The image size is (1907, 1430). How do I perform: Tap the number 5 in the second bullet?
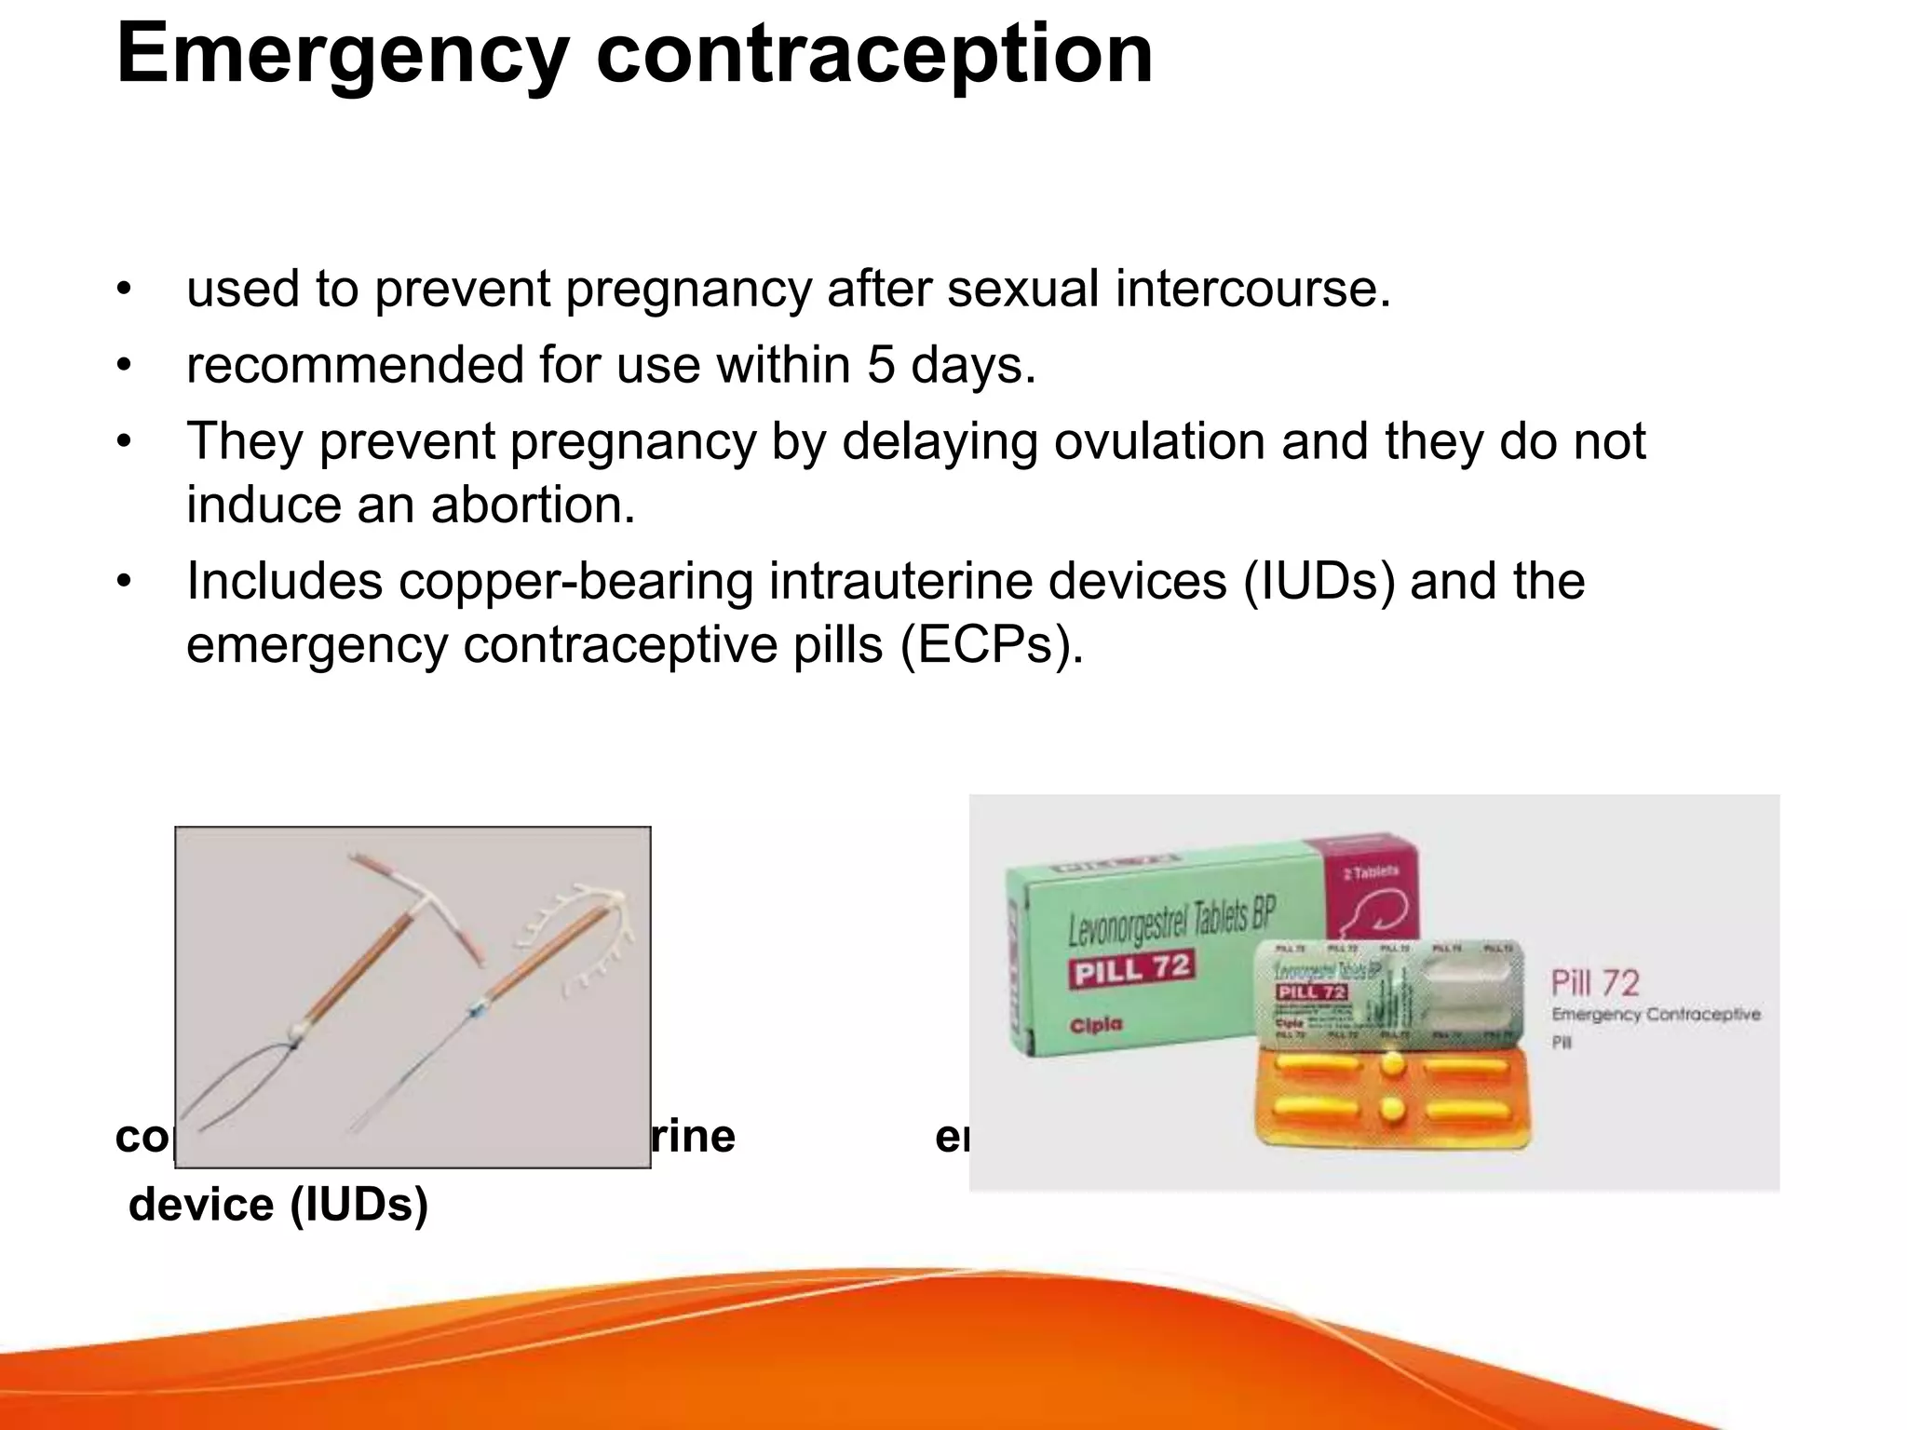[881, 364]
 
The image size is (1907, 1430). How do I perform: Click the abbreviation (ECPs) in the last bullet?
[992, 644]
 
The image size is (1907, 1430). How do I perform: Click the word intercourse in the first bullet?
[1252, 289]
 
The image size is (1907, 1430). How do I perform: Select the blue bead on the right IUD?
[477, 1006]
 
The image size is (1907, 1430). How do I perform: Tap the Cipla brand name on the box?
[1096, 1025]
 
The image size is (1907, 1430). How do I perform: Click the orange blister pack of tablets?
[1391, 1099]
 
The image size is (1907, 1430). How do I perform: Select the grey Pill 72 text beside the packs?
[1594, 983]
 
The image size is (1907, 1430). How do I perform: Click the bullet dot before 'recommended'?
[125, 365]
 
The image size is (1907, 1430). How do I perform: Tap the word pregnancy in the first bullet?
[688, 289]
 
